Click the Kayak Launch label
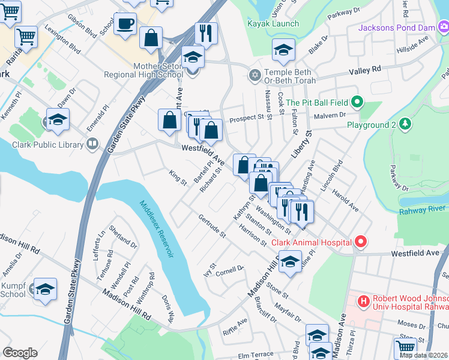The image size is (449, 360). (x=273, y=24)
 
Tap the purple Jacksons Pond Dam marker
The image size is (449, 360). (x=443, y=26)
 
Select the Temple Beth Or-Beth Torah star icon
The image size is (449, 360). (x=255, y=76)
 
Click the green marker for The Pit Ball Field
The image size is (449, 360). (x=357, y=102)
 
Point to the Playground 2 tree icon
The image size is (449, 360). (x=406, y=124)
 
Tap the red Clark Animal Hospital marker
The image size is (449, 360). (x=360, y=242)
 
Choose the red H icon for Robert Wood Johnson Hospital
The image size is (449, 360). (x=363, y=301)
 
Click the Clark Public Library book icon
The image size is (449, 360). (x=92, y=143)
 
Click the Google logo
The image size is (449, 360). (x=20, y=353)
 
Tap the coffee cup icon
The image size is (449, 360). (x=125, y=25)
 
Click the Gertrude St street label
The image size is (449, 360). (x=212, y=224)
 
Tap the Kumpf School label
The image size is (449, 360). (x=13, y=290)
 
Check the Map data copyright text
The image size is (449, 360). (x=424, y=355)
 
